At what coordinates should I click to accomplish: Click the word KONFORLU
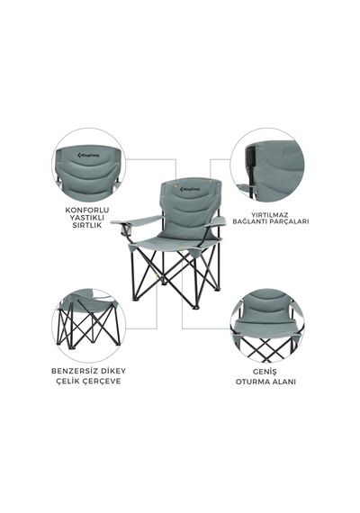tap(86, 210)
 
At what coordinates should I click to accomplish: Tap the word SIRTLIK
tap(87, 225)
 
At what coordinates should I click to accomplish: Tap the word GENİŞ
tap(265, 372)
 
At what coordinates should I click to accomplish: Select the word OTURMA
tap(253, 382)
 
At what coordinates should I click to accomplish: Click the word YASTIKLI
tap(87, 218)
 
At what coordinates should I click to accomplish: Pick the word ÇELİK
tap(68, 382)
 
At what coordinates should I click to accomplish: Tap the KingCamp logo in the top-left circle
tap(89, 155)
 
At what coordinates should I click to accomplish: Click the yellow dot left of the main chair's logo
tap(175, 187)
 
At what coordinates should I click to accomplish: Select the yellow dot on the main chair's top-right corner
tap(211, 180)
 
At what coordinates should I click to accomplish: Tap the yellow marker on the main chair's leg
tap(158, 275)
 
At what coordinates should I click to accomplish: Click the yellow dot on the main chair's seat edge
tap(180, 247)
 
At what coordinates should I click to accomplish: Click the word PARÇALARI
tap(291, 221)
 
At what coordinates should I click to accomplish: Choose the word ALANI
tap(283, 382)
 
